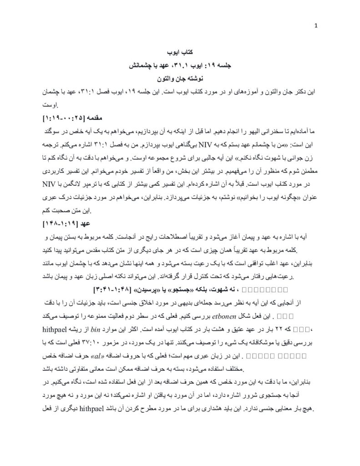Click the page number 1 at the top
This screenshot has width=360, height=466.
[315, 25]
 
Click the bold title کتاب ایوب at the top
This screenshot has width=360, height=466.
[181, 52]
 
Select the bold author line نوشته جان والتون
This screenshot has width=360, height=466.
[180, 78]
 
